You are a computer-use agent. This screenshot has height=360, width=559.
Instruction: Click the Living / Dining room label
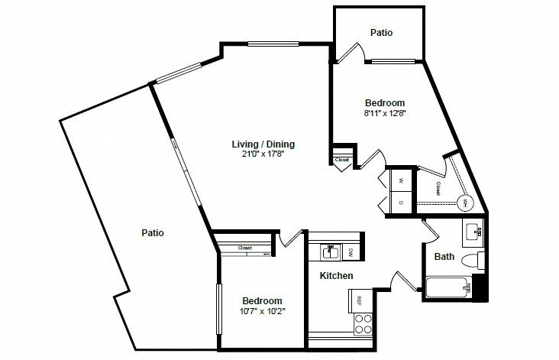[263, 144]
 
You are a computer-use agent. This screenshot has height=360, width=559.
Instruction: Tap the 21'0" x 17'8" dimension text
[263, 154]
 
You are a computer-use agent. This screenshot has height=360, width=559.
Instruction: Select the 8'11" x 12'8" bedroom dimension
[385, 113]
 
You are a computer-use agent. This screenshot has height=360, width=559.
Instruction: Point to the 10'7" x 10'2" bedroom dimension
[263, 311]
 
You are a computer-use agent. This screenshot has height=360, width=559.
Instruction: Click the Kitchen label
[336, 275]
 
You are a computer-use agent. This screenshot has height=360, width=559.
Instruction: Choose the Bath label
[444, 256]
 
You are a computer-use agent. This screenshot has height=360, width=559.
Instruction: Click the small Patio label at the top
[382, 32]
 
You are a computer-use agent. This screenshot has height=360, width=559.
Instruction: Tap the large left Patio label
[153, 232]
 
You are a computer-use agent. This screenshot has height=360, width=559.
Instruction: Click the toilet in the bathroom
[473, 261]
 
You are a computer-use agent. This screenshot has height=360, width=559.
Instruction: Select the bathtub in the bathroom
[448, 287]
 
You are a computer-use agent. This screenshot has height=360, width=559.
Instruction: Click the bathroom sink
[473, 232]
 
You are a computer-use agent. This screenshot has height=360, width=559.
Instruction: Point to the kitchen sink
[331, 252]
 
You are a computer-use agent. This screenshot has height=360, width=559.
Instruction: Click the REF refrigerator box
[360, 300]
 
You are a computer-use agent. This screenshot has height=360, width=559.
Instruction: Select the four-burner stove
[364, 324]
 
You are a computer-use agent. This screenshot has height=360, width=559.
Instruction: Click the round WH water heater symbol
[466, 203]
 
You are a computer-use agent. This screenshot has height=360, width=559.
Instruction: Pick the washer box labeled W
[401, 180]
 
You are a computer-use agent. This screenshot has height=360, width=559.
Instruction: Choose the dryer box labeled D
[401, 203]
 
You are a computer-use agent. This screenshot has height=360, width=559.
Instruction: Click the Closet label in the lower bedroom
[245, 248]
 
